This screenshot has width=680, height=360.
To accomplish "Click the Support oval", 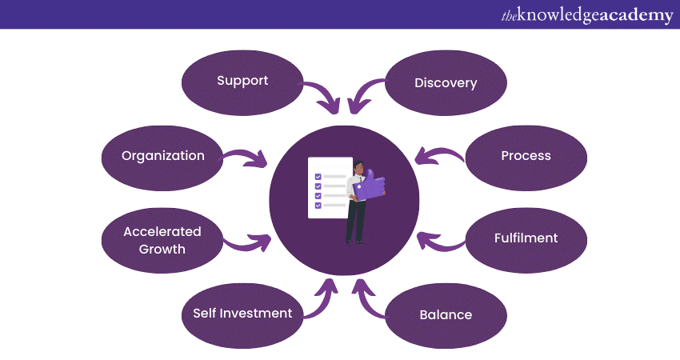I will (242, 81).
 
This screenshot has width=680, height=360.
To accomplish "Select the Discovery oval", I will (446, 83).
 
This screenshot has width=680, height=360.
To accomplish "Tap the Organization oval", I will (163, 156).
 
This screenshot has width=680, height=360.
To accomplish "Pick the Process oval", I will (526, 156).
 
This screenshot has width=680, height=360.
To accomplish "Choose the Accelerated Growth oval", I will (163, 240).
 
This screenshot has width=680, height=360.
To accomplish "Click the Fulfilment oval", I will (526, 238).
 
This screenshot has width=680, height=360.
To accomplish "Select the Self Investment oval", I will (242, 313).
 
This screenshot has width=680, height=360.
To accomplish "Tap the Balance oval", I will (446, 314).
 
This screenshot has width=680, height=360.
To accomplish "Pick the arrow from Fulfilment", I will (439, 239).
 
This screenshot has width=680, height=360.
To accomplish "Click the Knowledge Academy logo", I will (587, 15).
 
